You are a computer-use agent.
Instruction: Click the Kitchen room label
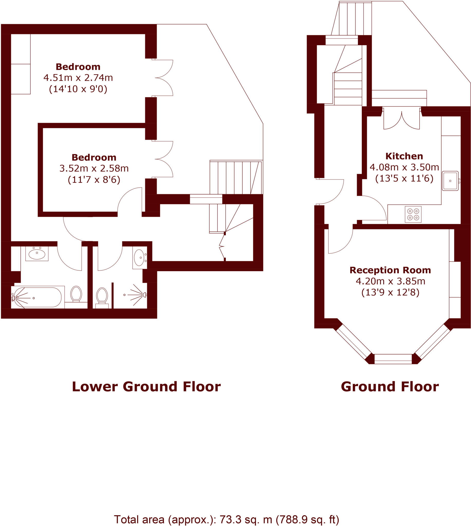(404, 156)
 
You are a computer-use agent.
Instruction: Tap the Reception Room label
(390, 270)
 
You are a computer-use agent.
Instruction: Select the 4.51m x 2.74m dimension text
(78, 78)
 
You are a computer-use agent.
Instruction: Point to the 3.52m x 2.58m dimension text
(94, 168)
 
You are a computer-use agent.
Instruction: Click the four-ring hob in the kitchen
(413, 214)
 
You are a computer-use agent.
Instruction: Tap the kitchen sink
(450, 181)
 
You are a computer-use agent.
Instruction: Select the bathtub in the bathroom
(38, 297)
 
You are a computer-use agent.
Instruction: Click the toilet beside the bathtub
(76, 294)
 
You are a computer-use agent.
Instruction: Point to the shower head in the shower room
(144, 295)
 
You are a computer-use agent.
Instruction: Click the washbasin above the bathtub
(37, 254)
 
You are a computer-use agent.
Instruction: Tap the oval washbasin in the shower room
(139, 258)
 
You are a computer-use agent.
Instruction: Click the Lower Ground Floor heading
(146, 387)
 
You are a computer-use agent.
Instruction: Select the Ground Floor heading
(390, 387)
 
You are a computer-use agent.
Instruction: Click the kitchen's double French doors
(401, 119)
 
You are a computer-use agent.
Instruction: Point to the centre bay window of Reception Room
(393, 359)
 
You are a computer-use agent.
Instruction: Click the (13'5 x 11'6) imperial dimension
(404, 179)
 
